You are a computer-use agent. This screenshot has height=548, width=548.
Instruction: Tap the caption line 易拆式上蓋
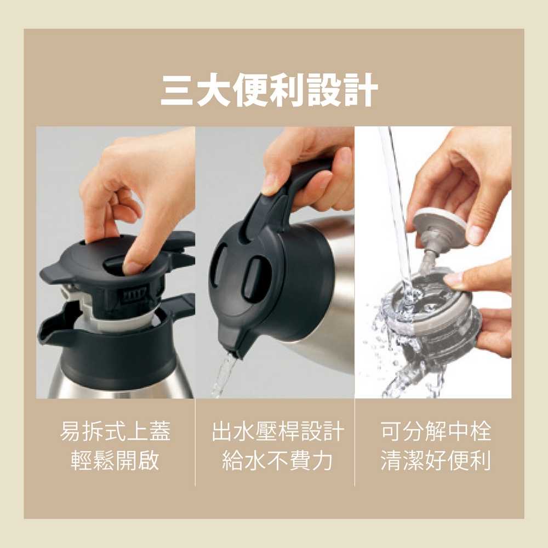[115, 432]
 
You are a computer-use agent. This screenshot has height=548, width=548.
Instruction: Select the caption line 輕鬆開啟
[115, 461]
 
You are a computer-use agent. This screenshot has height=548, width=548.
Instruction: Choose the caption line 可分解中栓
[436, 432]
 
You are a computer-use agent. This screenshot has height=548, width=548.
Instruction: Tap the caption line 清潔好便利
[436, 461]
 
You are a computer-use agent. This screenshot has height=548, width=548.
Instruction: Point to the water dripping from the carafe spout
[222, 375]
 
